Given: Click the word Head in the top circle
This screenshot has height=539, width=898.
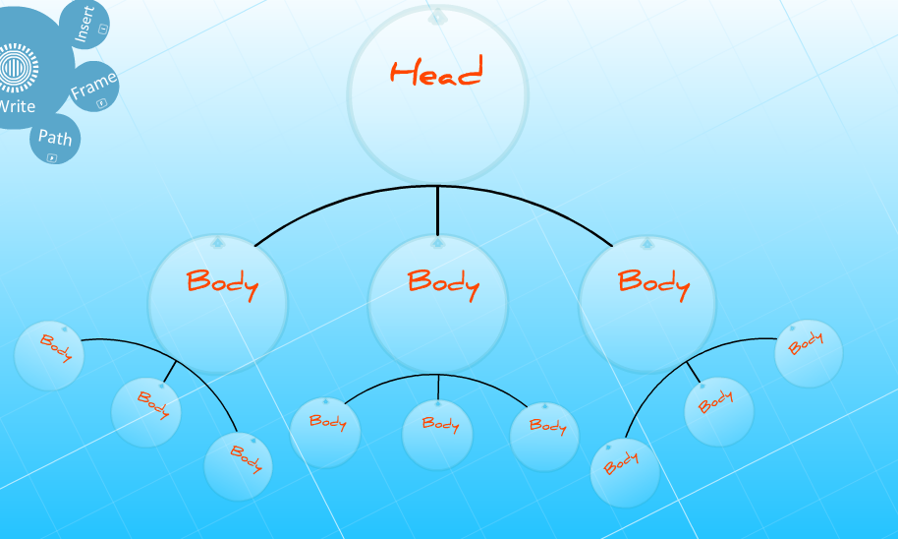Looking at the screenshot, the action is [x=436, y=71].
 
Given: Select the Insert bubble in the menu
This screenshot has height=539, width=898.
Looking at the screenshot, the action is [x=85, y=24].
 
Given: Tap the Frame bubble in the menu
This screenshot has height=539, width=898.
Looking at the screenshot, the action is [x=94, y=87].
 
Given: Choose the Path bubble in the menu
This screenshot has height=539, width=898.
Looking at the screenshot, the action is [x=55, y=139].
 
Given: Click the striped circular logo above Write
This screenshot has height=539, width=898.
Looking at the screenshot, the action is [x=17, y=68].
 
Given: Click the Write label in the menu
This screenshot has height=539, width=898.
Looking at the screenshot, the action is [x=17, y=106].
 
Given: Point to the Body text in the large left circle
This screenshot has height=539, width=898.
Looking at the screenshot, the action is [x=222, y=284].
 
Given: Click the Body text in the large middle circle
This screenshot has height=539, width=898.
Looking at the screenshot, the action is [x=443, y=284].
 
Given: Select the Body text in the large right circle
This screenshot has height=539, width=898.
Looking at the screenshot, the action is [x=653, y=284].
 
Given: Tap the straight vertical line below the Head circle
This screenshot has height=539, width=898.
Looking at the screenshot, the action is [x=437, y=210].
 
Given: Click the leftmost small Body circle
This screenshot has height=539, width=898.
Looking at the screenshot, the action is [x=49, y=355].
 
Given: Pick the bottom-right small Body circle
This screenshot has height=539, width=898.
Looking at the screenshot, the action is [x=625, y=473].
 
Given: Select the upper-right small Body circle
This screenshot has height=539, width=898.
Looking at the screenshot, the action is [x=809, y=354].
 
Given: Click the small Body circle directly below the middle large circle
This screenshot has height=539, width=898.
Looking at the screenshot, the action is [x=437, y=434].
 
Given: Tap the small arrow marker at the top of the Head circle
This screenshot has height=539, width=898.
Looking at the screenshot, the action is [x=437, y=17].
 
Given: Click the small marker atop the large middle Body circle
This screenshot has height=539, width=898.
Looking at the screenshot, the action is [x=437, y=244].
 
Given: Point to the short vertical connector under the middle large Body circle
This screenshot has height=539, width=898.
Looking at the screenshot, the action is [x=438, y=388].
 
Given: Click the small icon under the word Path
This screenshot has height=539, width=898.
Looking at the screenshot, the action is [x=52, y=157].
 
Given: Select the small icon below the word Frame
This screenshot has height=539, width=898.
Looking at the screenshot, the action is [x=102, y=103].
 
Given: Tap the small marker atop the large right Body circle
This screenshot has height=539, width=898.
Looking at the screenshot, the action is [x=647, y=244].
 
